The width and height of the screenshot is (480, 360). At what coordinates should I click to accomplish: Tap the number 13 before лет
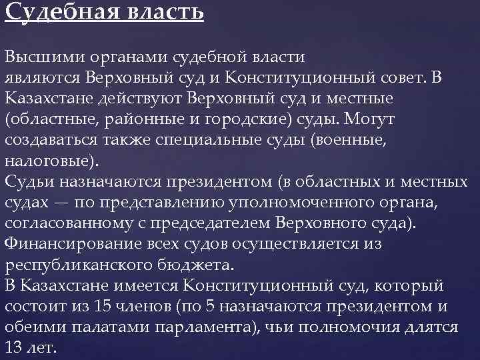(13, 348)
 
